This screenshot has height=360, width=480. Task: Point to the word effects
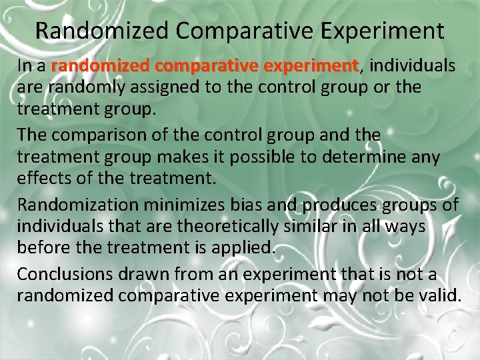click(x=41, y=179)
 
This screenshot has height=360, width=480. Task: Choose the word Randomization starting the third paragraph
click(x=73, y=205)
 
